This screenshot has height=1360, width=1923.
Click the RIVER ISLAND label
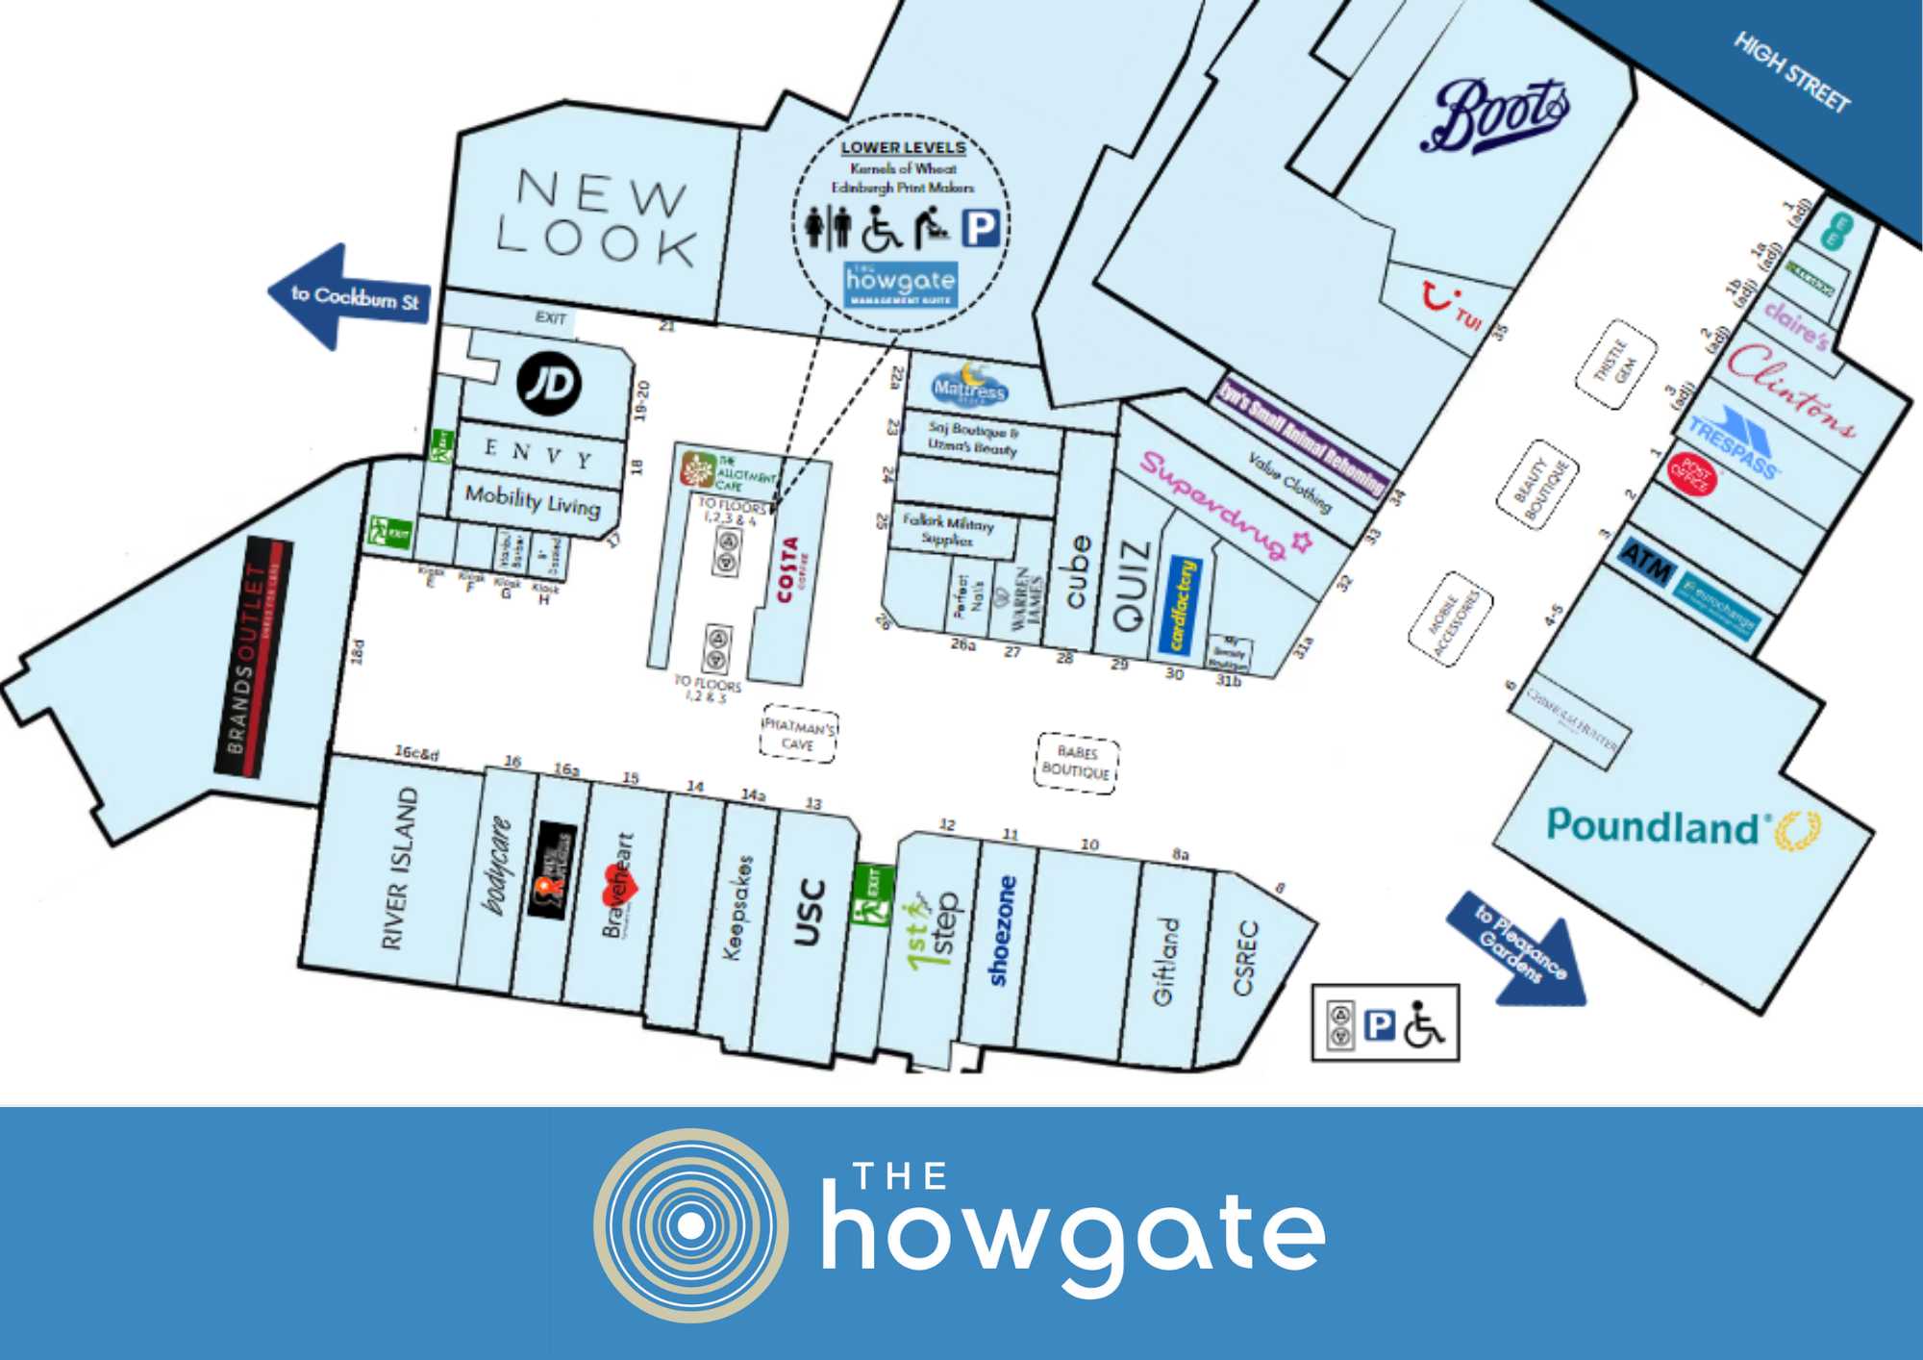(400, 869)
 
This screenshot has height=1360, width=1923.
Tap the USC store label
(811, 912)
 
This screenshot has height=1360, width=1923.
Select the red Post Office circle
(1691, 474)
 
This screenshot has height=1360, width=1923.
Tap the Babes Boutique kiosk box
(1076, 763)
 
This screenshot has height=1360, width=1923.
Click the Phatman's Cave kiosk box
(798, 737)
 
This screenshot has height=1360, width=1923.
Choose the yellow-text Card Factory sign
(1183, 606)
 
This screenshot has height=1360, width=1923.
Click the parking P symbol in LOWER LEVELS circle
(982, 229)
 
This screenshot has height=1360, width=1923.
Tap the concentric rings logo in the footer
(690, 1225)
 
